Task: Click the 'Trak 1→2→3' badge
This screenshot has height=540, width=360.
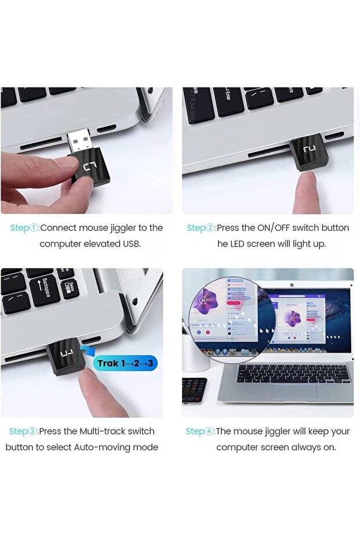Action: (126, 364)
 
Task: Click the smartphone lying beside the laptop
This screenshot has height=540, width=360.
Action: (194, 390)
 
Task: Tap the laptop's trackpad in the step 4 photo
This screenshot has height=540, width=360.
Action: (294, 392)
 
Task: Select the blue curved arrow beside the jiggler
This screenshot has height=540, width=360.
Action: (88, 351)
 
